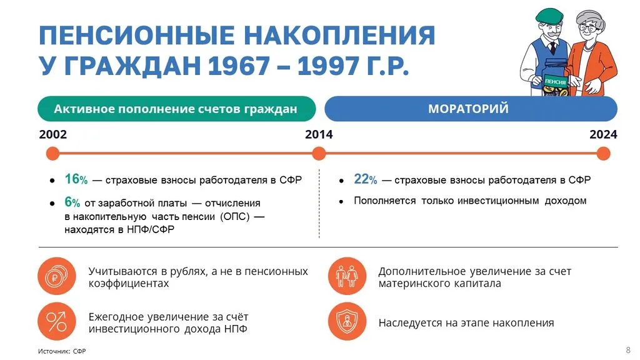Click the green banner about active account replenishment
176,109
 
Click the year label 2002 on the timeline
53,134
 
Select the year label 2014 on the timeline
319,134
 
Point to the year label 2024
603,134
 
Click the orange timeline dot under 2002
53,153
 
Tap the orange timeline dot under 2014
319,153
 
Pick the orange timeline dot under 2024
603,153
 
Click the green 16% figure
76,179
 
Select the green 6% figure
72,203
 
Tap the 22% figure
365,179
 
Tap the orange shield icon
347,321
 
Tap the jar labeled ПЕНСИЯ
556,82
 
